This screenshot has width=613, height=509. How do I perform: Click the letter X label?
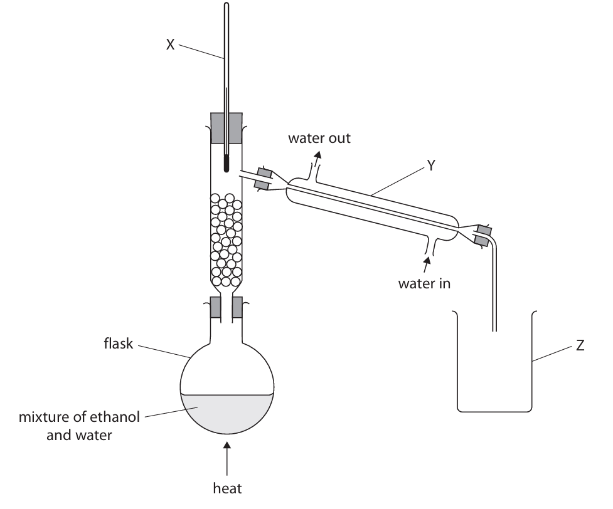pyautogui.click(x=170, y=45)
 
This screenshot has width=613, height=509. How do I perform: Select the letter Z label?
pyautogui.click(x=580, y=345)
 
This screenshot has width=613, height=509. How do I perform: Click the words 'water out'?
pyautogui.click(x=319, y=138)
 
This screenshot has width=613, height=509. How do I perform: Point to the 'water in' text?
pyautogui.click(x=424, y=283)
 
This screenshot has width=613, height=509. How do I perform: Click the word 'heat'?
pyautogui.click(x=227, y=486)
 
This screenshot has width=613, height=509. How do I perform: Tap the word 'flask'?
pyautogui.click(x=118, y=344)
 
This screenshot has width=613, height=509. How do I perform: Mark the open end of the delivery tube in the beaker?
pyautogui.click(x=495, y=328)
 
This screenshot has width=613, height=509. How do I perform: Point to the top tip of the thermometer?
pyautogui.click(x=226, y=6)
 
